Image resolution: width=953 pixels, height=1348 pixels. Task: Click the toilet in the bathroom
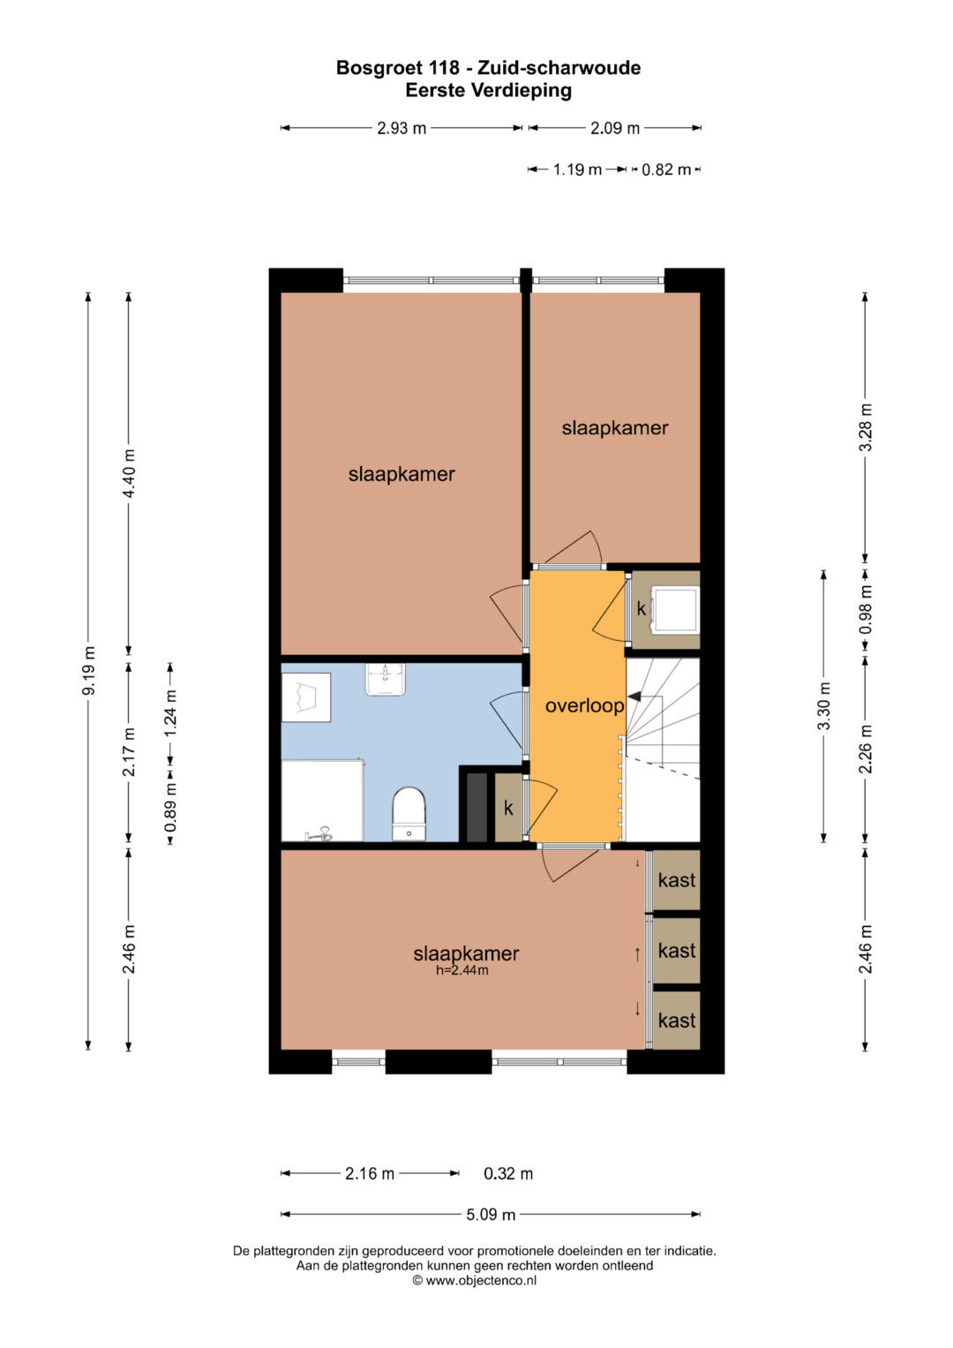(409, 813)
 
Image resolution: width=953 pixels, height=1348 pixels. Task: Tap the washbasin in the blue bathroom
(385, 680)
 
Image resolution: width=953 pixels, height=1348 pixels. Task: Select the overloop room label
(584, 705)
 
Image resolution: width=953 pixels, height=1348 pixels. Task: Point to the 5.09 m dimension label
(491, 1215)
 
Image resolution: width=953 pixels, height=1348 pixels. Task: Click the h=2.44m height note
(462, 969)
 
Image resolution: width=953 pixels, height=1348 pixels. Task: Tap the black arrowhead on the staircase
(633, 697)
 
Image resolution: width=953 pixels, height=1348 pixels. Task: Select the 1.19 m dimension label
(578, 169)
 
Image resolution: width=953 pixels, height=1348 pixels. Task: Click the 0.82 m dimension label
(666, 169)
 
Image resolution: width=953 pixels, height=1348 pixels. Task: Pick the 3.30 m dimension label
(823, 705)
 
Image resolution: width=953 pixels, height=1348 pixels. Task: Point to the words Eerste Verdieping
(488, 90)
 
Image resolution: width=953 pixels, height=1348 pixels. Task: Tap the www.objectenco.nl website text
(481, 1280)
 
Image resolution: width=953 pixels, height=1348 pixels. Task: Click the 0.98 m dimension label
(865, 610)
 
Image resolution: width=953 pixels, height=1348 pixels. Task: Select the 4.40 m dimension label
(129, 473)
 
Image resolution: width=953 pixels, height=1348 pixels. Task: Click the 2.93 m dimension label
(401, 128)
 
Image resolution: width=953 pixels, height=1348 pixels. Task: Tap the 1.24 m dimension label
(170, 712)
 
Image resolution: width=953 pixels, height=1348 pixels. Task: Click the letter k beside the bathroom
(508, 809)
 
